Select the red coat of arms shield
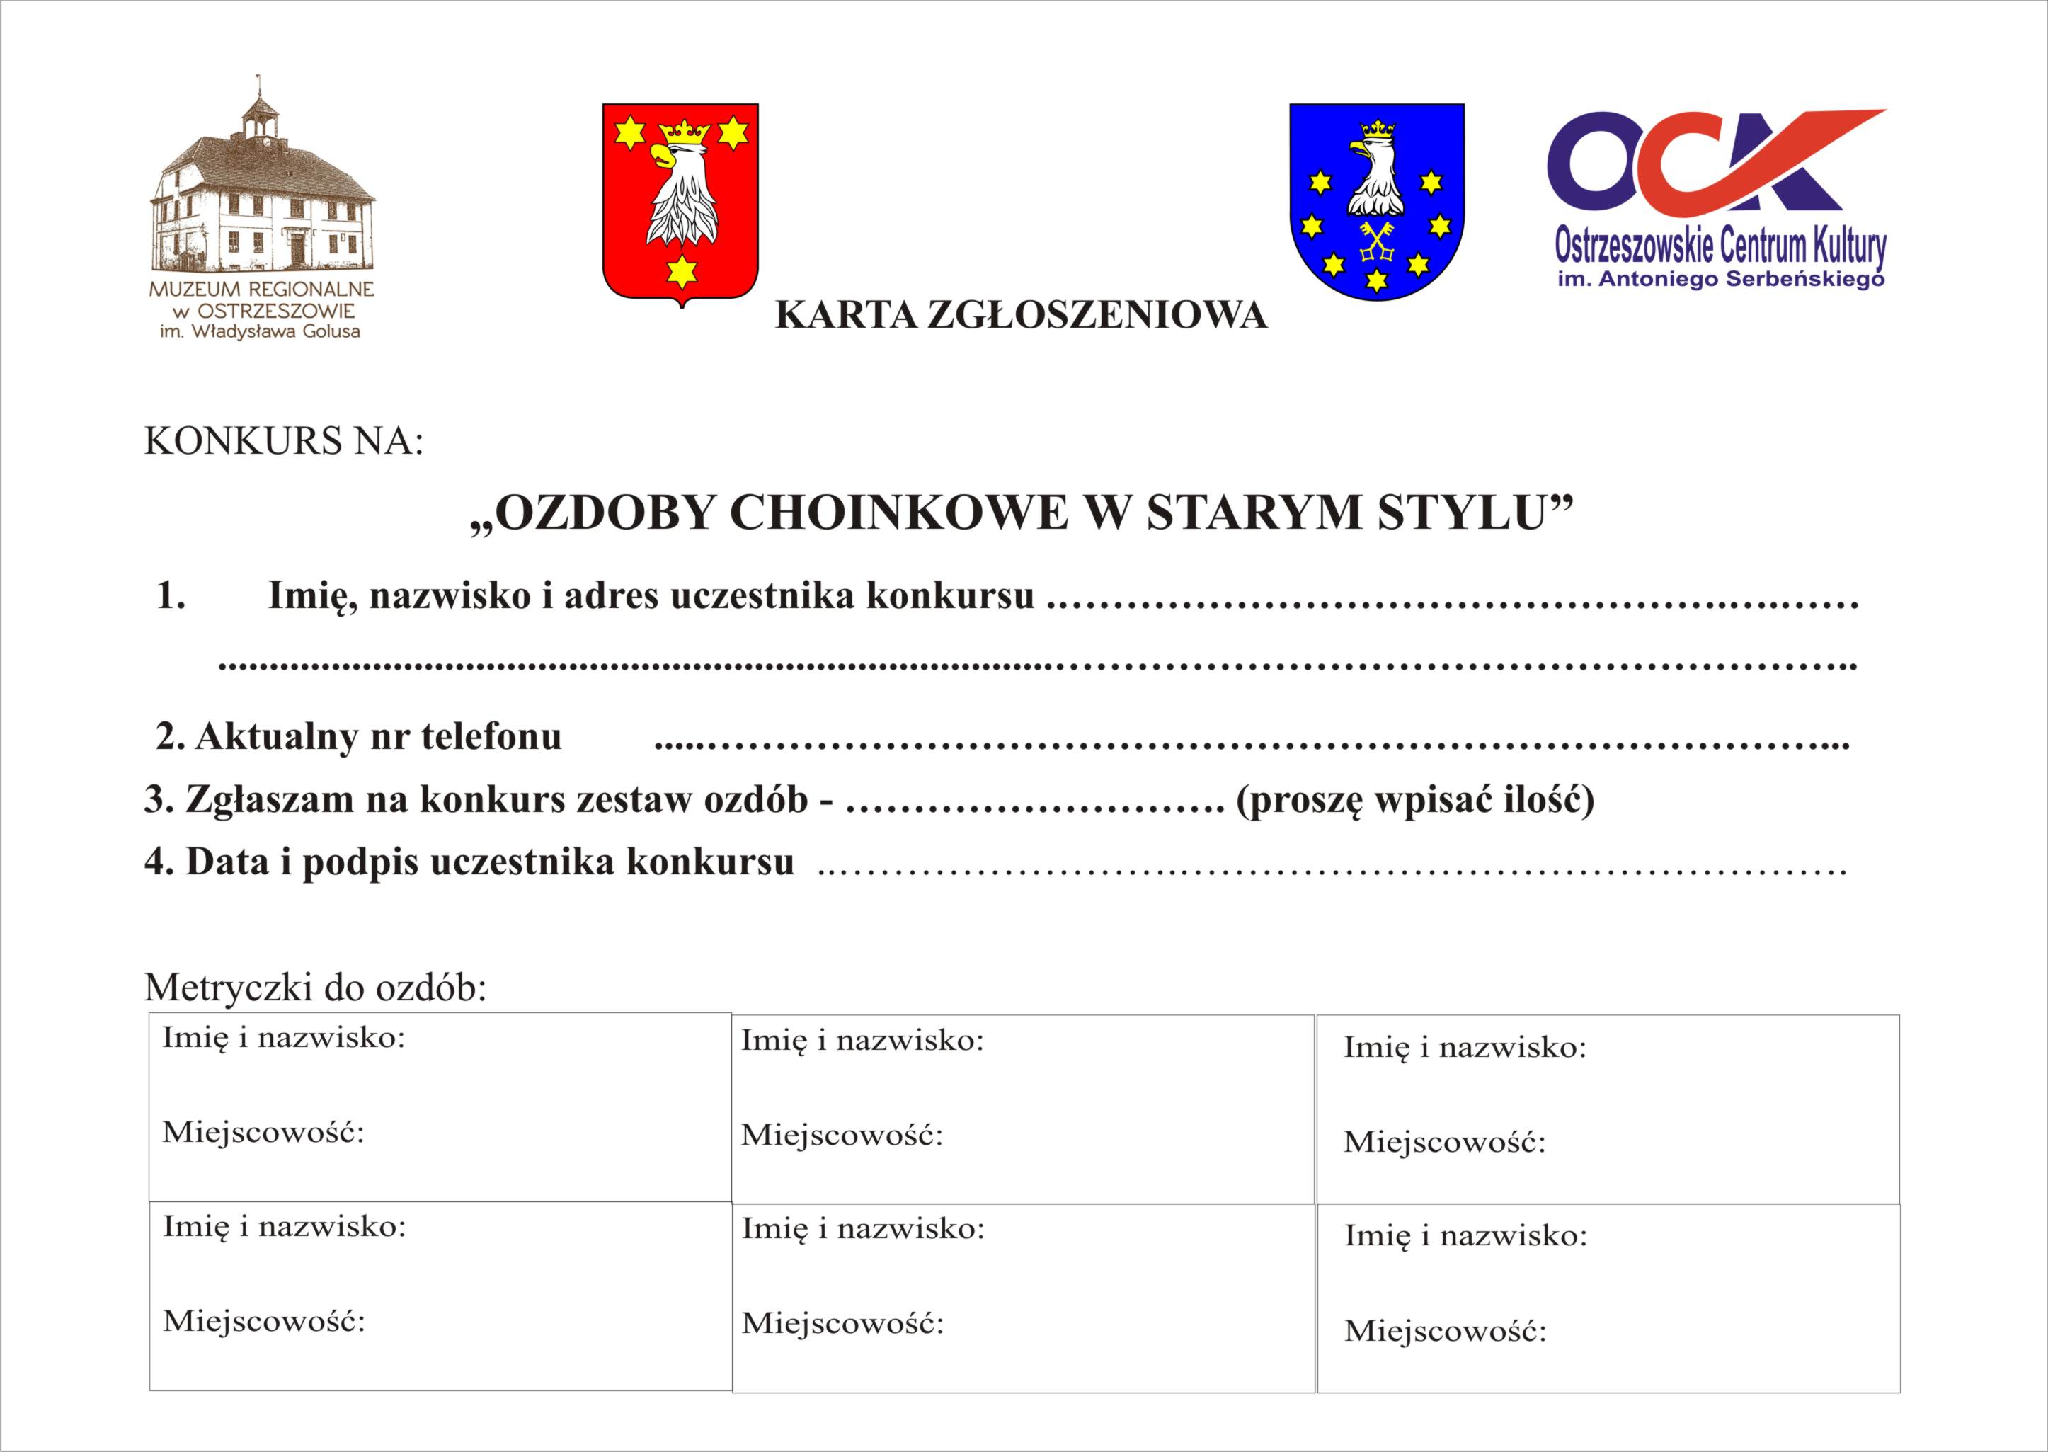[680, 204]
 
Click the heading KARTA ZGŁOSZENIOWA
[1020, 316]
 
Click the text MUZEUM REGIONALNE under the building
[261, 290]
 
